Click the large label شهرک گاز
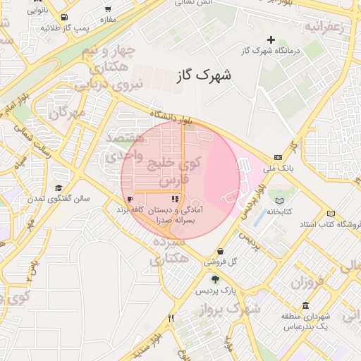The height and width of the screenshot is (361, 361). coord(206,73)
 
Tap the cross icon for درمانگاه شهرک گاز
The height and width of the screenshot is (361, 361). coord(270,39)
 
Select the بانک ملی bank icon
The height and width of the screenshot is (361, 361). coord(278,157)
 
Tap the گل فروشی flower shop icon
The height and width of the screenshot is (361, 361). coord(221,251)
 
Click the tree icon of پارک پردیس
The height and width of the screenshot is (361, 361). coord(214,280)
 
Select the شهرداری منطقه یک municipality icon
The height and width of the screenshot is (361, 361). coord(305,305)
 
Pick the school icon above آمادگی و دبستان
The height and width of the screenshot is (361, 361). coord(175,200)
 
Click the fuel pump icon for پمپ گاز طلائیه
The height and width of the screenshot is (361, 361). coord(65,18)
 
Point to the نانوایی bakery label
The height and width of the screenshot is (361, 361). coord(38,11)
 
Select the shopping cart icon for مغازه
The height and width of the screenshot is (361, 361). coord(108,10)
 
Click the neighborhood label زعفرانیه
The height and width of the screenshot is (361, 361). coord(323,28)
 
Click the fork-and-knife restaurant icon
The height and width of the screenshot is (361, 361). coord(171,318)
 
